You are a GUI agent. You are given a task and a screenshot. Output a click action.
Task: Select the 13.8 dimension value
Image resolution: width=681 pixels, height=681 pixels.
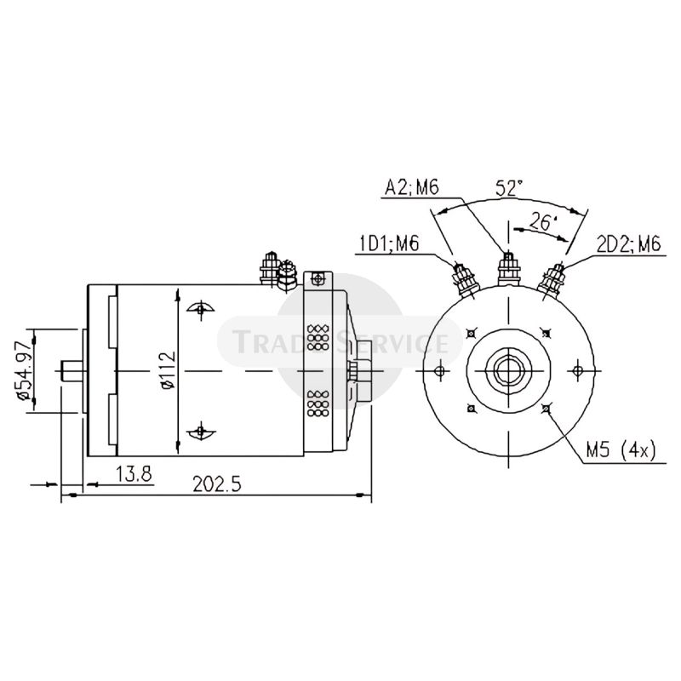pos(134,473)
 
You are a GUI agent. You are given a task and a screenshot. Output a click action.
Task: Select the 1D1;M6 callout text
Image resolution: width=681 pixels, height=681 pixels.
pos(387,244)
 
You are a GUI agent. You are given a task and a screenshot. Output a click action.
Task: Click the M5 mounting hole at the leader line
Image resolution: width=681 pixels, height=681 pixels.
pos(545,409)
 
